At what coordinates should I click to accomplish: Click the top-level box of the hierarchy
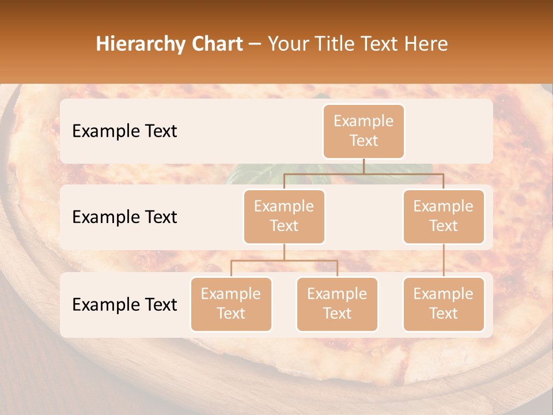click(363, 131)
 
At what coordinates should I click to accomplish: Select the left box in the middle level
click(284, 217)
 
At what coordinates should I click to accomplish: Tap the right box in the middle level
click(444, 217)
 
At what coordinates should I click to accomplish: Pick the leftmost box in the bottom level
click(231, 304)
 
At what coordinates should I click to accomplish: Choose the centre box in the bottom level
click(337, 304)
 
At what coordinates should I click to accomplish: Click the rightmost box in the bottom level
click(444, 304)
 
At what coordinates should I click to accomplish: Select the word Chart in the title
click(219, 44)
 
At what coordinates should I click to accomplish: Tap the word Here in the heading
click(427, 44)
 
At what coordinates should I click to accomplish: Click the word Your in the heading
click(287, 44)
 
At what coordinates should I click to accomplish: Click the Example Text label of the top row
click(124, 131)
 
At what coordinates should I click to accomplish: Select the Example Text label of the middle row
click(124, 217)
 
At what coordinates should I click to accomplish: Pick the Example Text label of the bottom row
click(124, 304)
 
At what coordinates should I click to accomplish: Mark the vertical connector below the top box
click(363, 166)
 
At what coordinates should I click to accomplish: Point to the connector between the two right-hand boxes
click(444, 261)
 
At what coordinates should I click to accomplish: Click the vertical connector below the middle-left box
click(284, 252)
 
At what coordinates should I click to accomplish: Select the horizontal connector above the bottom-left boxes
click(284, 261)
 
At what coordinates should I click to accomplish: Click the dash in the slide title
click(255, 44)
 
